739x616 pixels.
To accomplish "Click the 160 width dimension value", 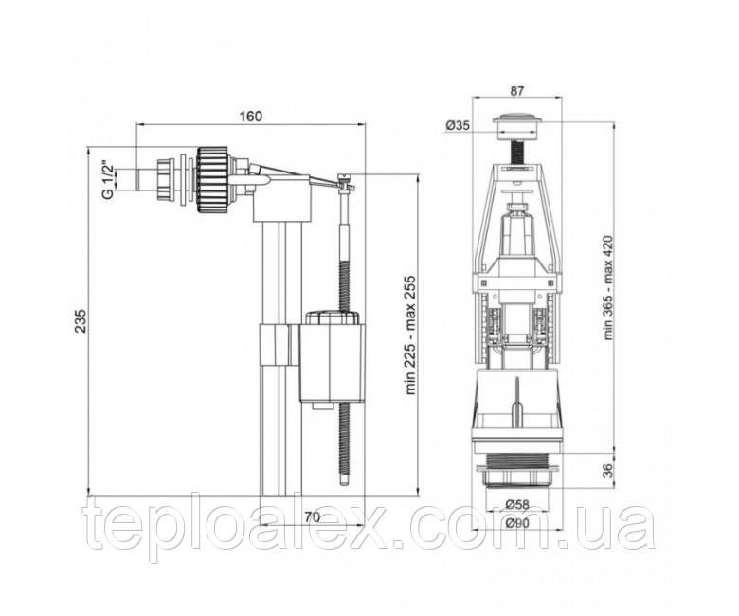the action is (x=250, y=116).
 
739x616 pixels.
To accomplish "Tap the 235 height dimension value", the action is (x=81, y=320).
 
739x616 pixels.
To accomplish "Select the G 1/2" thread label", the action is (x=108, y=180).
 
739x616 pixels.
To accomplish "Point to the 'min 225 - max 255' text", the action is (x=411, y=335).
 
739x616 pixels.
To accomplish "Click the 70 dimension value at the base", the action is (x=312, y=517).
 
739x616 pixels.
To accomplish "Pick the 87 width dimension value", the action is (x=517, y=91).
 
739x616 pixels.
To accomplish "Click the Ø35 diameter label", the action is (x=458, y=125).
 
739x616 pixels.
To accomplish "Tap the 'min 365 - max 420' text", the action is (x=609, y=287).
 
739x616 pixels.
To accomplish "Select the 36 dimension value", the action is (x=609, y=470).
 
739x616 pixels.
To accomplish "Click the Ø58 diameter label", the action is (x=517, y=505).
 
